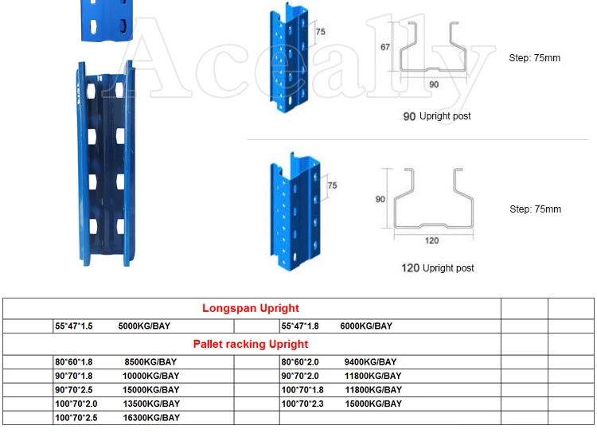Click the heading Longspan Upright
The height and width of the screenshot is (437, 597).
pyautogui.click(x=251, y=308)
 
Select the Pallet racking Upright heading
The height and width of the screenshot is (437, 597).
pyautogui.click(x=251, y=344)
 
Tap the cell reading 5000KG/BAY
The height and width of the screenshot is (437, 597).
pyautogui.click(x=144, y=326)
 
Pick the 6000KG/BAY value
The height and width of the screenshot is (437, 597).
pyautogui.click(x=366, y=326)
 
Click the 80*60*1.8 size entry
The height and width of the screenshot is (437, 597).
pyautogui.click(x=73, y=362)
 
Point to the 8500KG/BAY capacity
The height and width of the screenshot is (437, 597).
pyautogui.click(x=151, y=362)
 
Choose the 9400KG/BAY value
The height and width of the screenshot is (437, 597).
pyautogui.click(x=373, y=362)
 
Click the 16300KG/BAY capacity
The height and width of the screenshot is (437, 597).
pyautogui.click(x=151, y=417)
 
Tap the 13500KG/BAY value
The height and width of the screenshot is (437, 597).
pyautogui.click(x=151, y=404)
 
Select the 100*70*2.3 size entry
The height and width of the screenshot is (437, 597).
pyautogui.click(x=302, y=404)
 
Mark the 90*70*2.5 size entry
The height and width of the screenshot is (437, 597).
pyautogui.click(x=73, y=390)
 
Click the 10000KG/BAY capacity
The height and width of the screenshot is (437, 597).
pyautogui.click(x=151, y=376)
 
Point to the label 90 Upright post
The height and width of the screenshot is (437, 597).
pyautogui.click(x=436, y=116)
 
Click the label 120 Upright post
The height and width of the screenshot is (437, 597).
pyautogui.click(x=437, y=268)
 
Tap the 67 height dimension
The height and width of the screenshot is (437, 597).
pyautogui.click(x=385, y=47)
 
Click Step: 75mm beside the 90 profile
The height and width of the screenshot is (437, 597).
pyautogui.click(x=535, y=58)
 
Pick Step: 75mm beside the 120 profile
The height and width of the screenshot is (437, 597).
pyautogui.click(x=535, y=209)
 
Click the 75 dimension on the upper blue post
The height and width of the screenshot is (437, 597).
pyautogui.click(x=320, y=33)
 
